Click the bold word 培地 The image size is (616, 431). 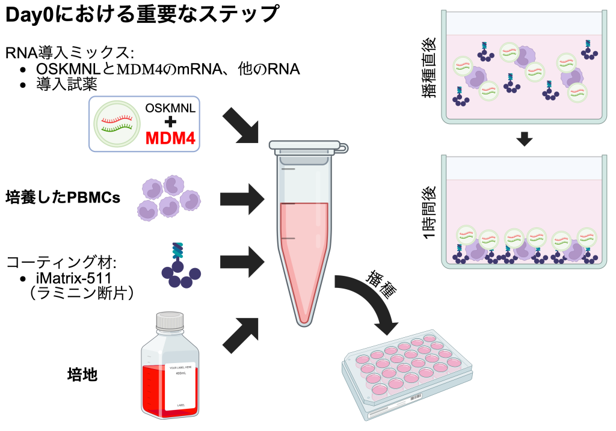[x=82, y=376]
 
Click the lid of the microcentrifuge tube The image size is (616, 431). [x=306, y=146]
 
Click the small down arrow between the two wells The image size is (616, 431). [x=524, y=140]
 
